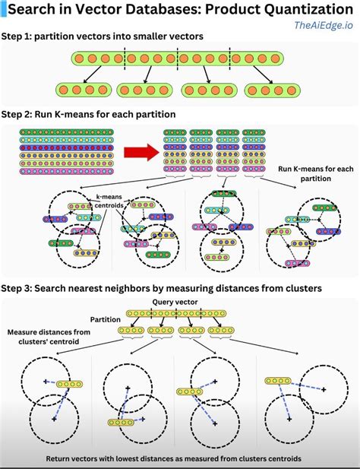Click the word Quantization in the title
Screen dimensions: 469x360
(300, 9)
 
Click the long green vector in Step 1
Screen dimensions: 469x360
(177, 58)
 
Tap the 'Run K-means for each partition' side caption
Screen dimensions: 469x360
(314, 173)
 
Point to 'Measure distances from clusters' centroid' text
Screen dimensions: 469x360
(47, 337)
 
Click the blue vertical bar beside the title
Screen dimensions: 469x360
(3, 10)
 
